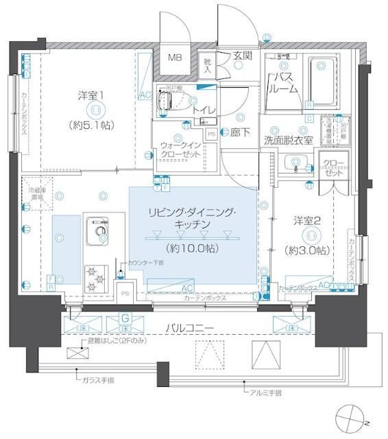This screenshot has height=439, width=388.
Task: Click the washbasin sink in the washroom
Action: [295, 164]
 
